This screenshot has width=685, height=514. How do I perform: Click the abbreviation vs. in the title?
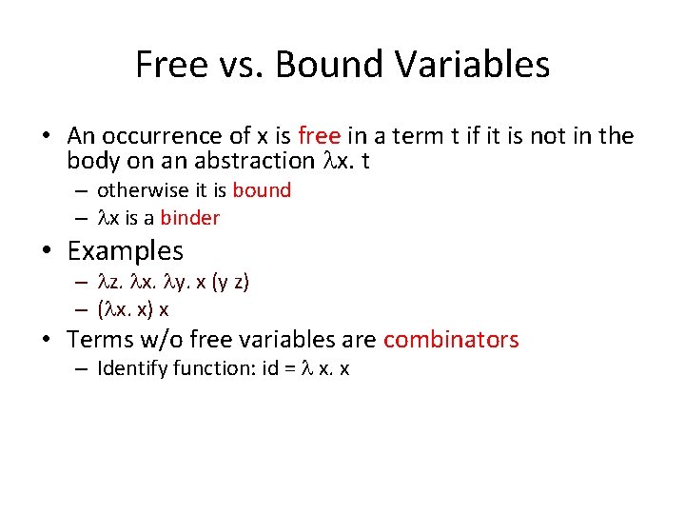coord(242,65)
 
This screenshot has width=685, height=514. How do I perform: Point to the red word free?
coord(319,136)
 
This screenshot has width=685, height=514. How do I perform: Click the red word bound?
coord(262,190)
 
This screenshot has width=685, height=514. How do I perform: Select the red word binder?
coord(190,218)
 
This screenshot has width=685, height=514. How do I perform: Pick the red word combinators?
coord(451,340)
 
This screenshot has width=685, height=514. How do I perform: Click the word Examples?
coord(126,251)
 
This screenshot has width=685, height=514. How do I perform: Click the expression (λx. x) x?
coord(133,309)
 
